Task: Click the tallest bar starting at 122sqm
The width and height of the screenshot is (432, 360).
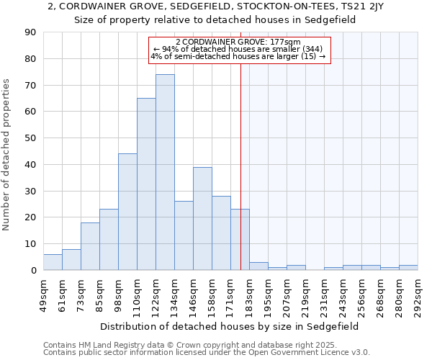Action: pyautogui.click(x=165, y=172)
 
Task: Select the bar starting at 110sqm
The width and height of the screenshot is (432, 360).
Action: pyautogui.click(x=146, y=184)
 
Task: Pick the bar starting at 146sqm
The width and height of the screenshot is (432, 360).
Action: pyautogui.click(x=202, y=218)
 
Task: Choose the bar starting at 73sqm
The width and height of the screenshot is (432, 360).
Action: pyautogui.click(x=90, y=246)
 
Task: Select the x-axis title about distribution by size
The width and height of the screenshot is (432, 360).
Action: pyautogui.click(x=229, y=326)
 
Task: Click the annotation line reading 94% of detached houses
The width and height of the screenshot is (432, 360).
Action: pyautogui.click(x=238, y=49)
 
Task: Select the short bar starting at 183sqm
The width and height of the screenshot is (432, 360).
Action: pyautogui.click(x=258, y=266)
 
